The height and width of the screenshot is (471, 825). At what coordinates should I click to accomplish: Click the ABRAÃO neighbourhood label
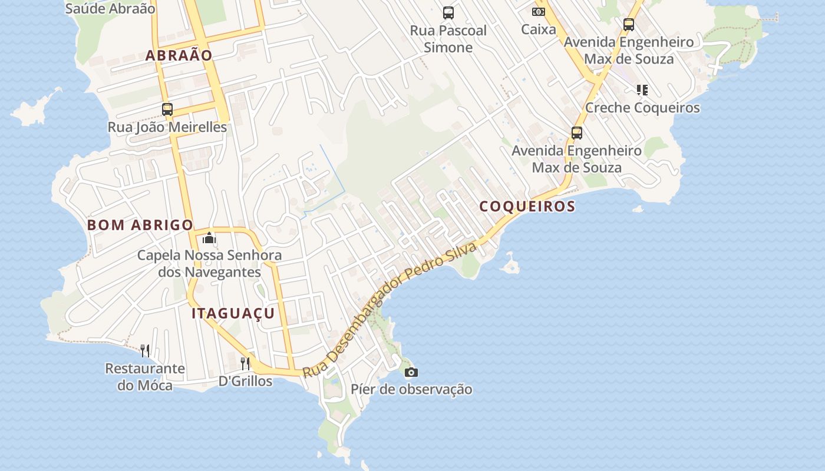pyautogui.click(x=179, y=56)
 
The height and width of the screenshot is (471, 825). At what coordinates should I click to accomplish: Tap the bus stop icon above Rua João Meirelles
pyautogui.click(x=167, y=109)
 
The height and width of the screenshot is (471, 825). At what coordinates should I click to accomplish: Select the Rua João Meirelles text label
pyautogui.click(x=167, y=127)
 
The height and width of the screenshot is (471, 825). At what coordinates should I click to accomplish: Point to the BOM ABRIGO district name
pyautogui.click(x=140, y=225)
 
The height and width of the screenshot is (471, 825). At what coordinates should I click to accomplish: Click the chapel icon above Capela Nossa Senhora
pyautogui.click(x=209, y=238)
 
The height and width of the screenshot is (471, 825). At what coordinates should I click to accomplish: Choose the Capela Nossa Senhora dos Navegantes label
pyautogui.click(x=209, y=264)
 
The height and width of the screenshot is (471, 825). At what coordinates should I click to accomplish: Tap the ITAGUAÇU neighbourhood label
pyautogui.click(x=233, y=313)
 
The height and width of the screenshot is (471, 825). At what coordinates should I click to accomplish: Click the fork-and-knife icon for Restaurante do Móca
pyautogui.click(x=145, y=351)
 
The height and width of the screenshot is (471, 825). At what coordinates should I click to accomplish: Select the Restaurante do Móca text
pyautogui.click(x=145, y=377)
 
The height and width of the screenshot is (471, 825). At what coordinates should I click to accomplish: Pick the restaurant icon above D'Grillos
pyautogui.click(x=245, y=363)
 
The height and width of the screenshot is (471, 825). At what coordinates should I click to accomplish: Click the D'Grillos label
pyautogui.click(x=245, y=382)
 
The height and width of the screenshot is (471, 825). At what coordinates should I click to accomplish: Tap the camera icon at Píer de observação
pyautogui.click(x=411, y=372)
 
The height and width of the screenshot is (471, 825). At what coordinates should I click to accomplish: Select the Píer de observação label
pyautogui.click(x=411, y=390)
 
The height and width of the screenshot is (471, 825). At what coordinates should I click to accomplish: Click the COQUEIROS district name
pyautogui.click(x=527, y=207)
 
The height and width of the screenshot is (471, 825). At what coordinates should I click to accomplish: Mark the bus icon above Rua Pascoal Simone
pyautogui.click(x=448, y=12)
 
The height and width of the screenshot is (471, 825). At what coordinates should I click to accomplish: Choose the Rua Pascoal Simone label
pyautogui.click(x=448, y=39)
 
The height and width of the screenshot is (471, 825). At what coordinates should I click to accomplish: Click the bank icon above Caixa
pyautogui.click(x=539, y=12)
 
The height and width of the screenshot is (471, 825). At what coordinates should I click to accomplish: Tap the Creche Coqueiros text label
pyautogui.click(x=642, y=108)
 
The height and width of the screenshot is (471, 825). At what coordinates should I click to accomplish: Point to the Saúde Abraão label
pyautogui.click(x=110, y=9)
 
